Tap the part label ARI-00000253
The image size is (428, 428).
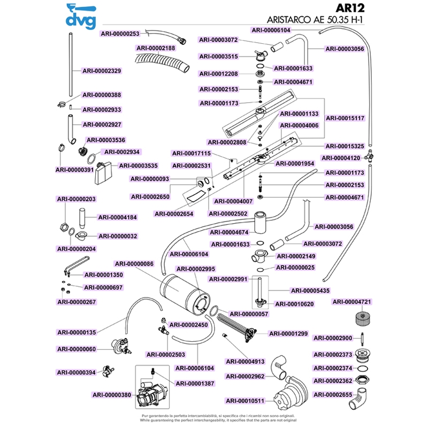[120, 34]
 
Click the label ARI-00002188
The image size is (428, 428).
[156, 48]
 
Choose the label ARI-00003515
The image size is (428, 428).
[218, 57]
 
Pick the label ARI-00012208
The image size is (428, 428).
[218, 73]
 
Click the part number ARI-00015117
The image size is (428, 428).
[345, 118]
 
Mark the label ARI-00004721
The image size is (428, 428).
[352, 302]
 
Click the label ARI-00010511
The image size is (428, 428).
[246, 401]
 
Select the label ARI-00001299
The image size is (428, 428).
[288, 333]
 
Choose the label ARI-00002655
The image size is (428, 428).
[332, 395]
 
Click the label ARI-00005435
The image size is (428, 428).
[309, 291]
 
